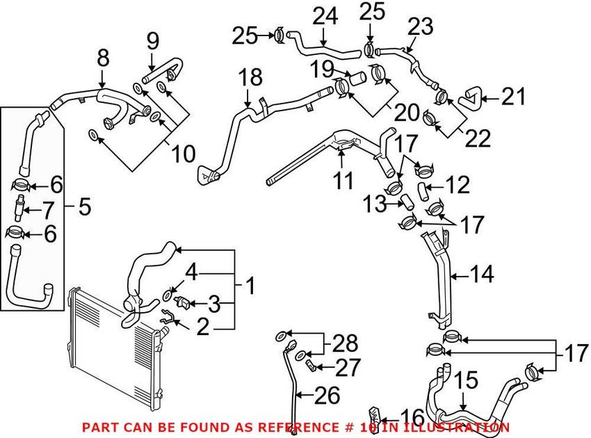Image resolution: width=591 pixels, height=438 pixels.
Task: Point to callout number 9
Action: [x=152, y=43]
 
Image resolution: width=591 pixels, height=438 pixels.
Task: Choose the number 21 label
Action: [x=516, y=97]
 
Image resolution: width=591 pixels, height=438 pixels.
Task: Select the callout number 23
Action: [x=419, y=27]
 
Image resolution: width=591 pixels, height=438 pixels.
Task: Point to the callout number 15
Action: [x=467, y=380]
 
